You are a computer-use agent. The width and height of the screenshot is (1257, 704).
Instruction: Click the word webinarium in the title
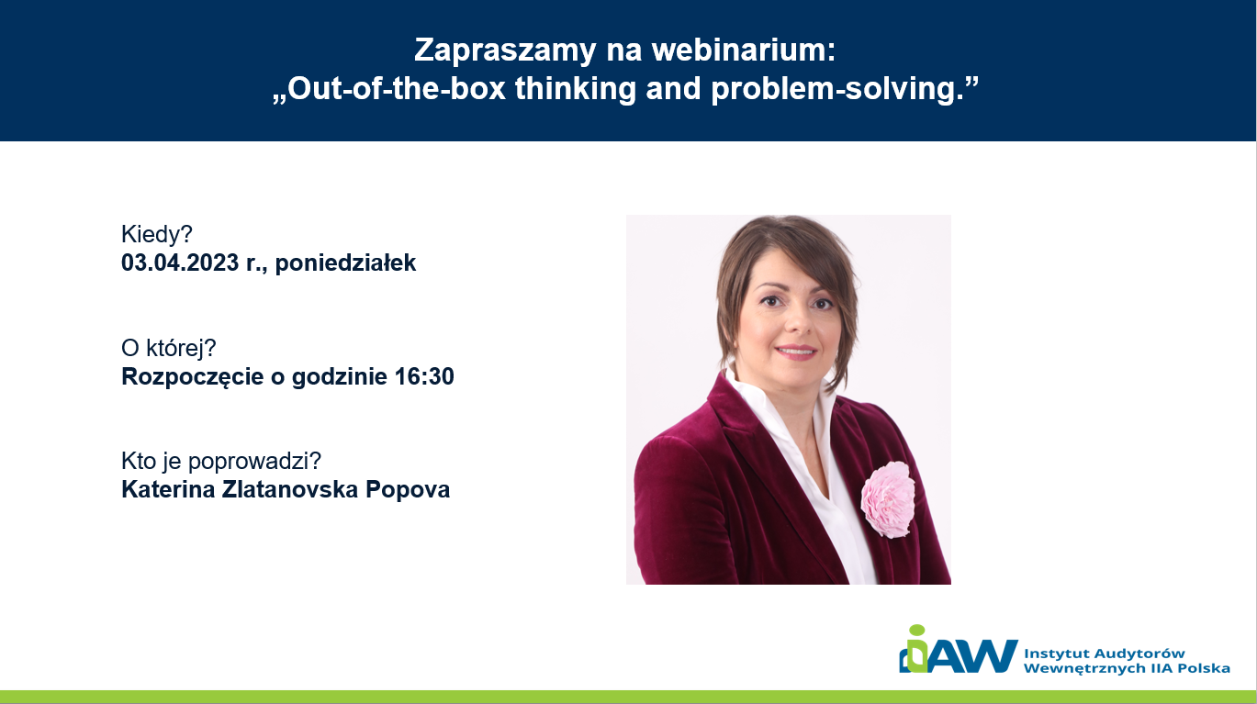[x=744, y=50]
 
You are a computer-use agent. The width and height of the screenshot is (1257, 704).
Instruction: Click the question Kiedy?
[x=157, y=234]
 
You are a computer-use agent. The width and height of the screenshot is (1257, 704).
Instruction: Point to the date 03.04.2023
[x=180, y=263]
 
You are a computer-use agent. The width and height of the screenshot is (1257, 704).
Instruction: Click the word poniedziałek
[x=345, y=263]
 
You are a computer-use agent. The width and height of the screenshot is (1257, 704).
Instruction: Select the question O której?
[x=168, y=348]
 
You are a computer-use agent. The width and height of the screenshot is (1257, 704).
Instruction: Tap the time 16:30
[x=424, y=376]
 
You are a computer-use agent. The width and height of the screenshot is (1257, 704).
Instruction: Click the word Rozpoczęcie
[x=193, y=377]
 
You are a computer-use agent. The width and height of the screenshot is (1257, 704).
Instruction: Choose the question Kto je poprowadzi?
[x=221, y=461]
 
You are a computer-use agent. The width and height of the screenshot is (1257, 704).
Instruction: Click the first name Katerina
[x=168, y=489]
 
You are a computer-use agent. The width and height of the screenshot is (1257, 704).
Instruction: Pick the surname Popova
[x=408, y=490]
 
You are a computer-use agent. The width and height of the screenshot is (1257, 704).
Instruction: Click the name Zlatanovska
[x=290, y=489]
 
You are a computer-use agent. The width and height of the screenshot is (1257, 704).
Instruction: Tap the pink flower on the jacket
[x=888, y=499]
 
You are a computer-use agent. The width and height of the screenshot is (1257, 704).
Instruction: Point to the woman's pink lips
[x=796, y=352]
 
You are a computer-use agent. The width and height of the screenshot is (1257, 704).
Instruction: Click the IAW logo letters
[x=959, y=654]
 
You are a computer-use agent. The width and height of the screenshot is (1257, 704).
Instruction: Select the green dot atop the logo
[x=917, y=630]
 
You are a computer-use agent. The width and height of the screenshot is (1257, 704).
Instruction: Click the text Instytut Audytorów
[x=1104, y=654]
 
